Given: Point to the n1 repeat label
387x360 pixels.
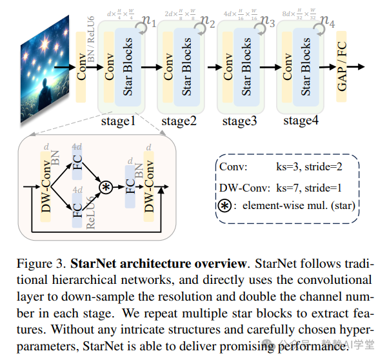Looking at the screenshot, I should coord(149,22).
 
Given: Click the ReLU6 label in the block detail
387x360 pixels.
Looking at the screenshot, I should coord(91,213).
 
